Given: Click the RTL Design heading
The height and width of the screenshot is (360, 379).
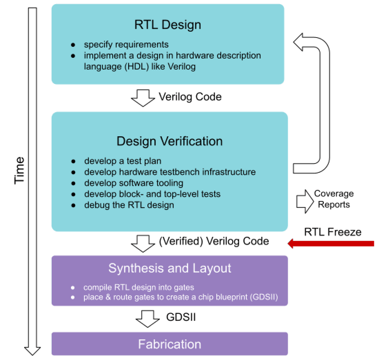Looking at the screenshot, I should tap(168, 25).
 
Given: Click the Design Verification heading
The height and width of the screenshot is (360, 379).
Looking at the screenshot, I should tap(169, 141).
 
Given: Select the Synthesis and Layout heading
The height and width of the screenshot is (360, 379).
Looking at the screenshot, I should tap(170, 268).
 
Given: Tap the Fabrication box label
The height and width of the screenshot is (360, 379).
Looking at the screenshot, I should tap(170, 344).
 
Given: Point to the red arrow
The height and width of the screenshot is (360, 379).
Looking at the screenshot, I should tap(331, 244).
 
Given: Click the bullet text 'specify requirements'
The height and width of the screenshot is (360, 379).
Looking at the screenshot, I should tap(126, 44).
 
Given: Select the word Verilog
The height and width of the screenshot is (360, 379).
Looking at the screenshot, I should tap(182, 66).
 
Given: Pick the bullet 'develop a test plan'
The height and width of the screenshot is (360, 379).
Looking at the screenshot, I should tap(123, 161).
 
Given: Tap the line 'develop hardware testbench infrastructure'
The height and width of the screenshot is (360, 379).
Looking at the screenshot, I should tap(170, 172).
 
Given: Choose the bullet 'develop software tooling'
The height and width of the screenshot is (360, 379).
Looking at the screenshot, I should tap(134, 183).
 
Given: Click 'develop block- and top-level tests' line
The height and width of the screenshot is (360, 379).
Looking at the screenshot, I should tap(152, 194).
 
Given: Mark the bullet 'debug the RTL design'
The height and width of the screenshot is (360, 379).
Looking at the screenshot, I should tap(129, 205).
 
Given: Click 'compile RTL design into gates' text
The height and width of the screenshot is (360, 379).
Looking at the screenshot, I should tap(139, 287).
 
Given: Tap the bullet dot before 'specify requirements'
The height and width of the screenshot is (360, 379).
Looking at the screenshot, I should tap(73, 45).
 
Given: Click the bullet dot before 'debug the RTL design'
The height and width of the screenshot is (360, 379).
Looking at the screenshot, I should tap(73, 205).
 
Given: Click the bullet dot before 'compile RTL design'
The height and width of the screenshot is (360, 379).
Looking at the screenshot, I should tap(72, 287).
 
